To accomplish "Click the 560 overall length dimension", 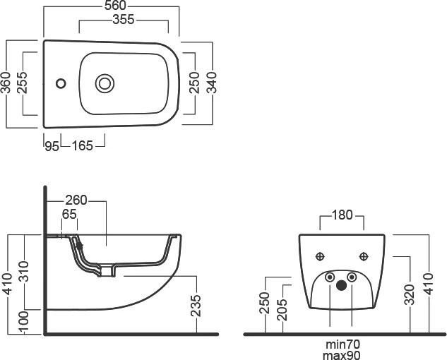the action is (x=115, y=6).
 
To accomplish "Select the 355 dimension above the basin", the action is (x=124, y=19).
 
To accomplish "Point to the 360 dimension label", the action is (x=6, y=83).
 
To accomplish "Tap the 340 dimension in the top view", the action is (x=212, y=83).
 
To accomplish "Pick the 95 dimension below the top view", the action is (x=52, y=146).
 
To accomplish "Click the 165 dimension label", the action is (x=83, y=146).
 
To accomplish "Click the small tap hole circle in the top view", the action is (x=61, y=83).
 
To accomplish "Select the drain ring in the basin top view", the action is (x=105, y=83).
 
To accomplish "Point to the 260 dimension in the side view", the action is (x=76, y=200).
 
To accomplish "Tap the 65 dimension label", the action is (x=69, y=215).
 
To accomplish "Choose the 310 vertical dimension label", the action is (x=25, y=271).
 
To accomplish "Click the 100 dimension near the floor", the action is (x=25, y=322).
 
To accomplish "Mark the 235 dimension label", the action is (x=196, y=306).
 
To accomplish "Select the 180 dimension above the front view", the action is (x=342, y=215).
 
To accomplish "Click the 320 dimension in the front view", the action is (x=410, y=295).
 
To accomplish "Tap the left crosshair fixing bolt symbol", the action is (x=320, y=257).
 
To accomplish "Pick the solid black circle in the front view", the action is (x=341, y=285).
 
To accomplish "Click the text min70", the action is (x=342, y=344).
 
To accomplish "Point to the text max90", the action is (x=342, y=355).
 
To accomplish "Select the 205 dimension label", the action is (x=282, y=310).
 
